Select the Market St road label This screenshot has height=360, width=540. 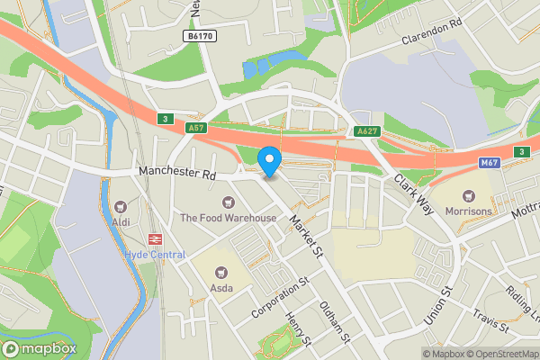click(x=305, y=237)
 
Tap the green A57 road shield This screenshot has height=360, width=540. click(x=197, y=129)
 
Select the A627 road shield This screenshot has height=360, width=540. click(x=366, y=131)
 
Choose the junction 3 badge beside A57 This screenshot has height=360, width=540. click(x=164, y=119)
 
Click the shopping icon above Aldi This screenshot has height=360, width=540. click(x=120, y=204)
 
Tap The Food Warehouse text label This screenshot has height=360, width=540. click(x=228, y=218)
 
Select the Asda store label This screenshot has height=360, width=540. click(x=221, y=288)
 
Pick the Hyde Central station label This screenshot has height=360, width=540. click(x=155, y=255)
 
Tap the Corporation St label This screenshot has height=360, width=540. click(x=281, y=298)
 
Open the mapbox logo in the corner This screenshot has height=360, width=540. click(x=40, y=348)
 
